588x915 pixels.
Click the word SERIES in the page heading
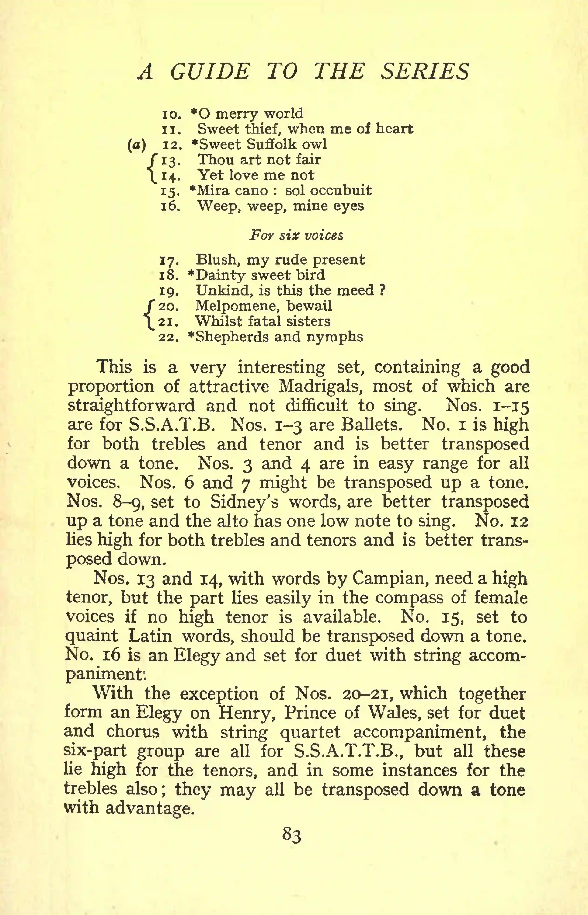point(425,71)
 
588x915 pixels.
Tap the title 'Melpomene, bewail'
point(263,306)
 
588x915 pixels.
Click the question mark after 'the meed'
point(381,290)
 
